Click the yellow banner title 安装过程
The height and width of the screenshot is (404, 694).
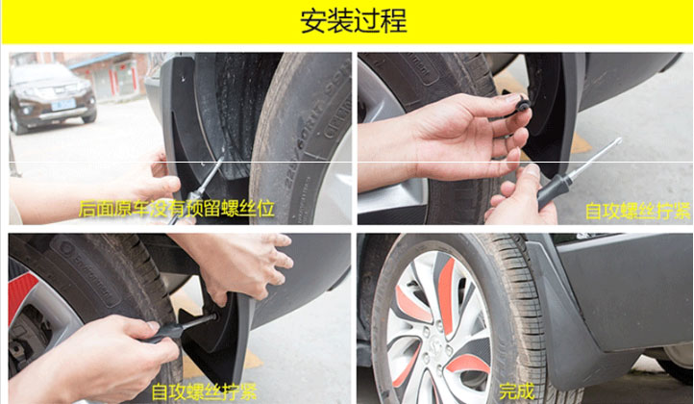point(353,21)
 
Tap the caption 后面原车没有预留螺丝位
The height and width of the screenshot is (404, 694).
point(177,209)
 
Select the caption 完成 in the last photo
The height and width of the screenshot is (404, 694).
point(516,391)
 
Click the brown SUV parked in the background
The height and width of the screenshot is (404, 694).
point(52,97)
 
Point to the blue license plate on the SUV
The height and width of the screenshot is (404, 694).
point(62,105)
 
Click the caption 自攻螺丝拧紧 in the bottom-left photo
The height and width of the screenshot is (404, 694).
point(204,392)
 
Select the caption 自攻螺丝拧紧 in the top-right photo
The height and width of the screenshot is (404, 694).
point(637,211)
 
